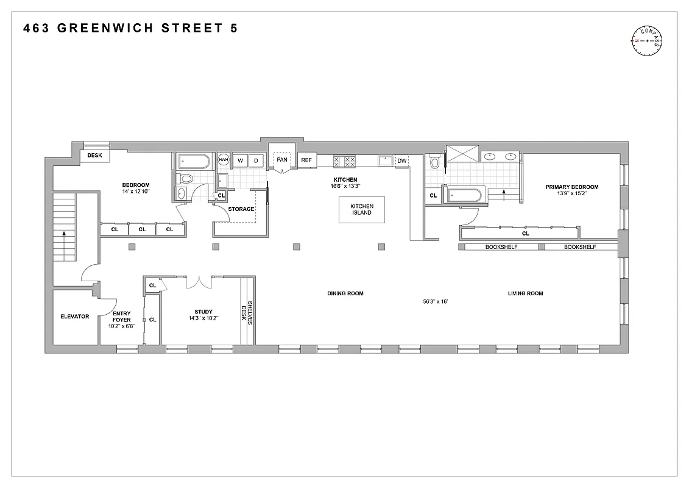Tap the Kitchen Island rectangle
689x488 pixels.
point(362,209)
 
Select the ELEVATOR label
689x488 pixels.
point(74,317)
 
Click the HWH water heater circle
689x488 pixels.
point(223,160)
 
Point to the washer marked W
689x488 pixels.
point(241,160)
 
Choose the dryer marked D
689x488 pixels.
point(256,160)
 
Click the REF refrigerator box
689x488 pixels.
point(306,160)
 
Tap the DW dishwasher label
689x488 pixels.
point(401,161)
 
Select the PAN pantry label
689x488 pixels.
point(282,160)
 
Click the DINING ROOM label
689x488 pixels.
point(345,293)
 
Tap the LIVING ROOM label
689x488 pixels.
point(525,293)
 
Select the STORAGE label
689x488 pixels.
point(241,209)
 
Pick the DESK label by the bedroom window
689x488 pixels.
point(94,156)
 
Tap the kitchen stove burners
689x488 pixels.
point(344,161)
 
